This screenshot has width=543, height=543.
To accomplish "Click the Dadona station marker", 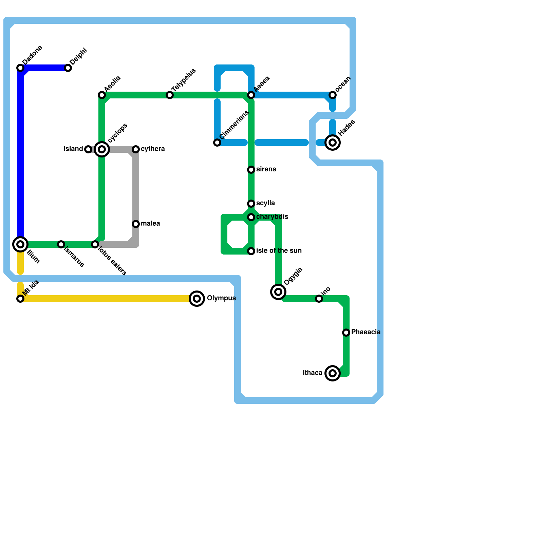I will click(x=20, y=68).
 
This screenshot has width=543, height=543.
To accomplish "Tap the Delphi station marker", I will click(x=68, y=68).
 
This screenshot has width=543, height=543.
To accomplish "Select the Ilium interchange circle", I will click(x=20, y=244).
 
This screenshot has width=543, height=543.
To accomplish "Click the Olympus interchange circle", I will click(x=197, y=299).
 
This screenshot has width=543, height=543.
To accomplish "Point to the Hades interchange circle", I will click(x=333, y=143).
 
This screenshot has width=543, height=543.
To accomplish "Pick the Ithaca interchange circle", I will click(x=333, y=373).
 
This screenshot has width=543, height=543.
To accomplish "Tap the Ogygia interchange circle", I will click(x=278, y=292).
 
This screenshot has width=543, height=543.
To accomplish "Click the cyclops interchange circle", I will click(x=102, y=149).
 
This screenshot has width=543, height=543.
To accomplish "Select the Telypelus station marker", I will click(x=170, y=95).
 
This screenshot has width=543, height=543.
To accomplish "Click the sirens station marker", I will click(x=251, y=170).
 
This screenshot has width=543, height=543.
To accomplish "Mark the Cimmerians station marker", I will click(x=217, y=143).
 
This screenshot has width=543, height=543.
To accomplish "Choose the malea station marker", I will click(x=136, y=224).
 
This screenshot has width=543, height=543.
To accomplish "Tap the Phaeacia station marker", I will click(x=346, y=333).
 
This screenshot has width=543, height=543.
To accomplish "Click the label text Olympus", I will click(x=221, y=298).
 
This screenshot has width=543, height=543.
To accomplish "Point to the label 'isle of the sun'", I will click(x=279, y=251).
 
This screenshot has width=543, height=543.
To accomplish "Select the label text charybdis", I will click(x=272, y=217).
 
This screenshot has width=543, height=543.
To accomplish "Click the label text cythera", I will click(x=153, y=149).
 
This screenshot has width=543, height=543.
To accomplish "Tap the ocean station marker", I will click(x=333, y=95).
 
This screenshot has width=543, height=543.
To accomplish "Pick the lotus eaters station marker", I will click(x=95, y=244).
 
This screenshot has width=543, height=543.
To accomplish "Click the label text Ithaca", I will click(x=312, y=373).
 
